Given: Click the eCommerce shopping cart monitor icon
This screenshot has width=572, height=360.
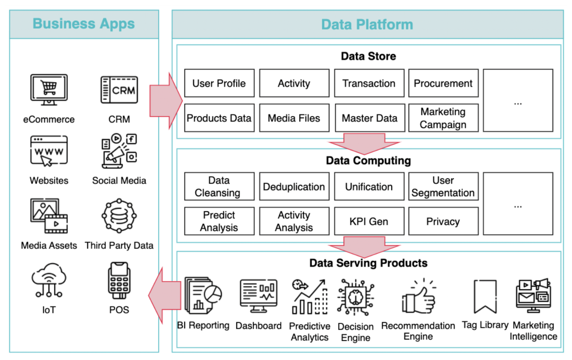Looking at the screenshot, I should tap(49, 90).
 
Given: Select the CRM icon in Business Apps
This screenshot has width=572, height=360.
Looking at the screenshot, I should tap(119, 90).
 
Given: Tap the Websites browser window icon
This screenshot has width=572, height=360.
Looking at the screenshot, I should tap(49, 152).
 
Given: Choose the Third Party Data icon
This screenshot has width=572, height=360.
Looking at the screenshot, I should tap(119, 216).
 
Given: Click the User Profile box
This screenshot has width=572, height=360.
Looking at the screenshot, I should tap(219, 83).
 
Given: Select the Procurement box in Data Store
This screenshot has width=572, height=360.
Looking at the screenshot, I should tap(443, 83).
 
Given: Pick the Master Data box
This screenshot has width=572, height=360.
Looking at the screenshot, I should tap(369, 118).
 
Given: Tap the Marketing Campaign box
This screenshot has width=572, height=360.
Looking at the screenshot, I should tap(443, 118).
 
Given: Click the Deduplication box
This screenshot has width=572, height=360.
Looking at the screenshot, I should tap(294, 187).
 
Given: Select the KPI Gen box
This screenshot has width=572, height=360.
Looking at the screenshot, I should tap(369, 222).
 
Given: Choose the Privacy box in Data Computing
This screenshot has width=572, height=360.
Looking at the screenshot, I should tap(443, 222).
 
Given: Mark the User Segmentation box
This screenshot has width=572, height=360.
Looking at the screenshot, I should tap(443, 187).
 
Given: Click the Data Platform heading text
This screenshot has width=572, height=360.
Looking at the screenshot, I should tap(367, 24).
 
